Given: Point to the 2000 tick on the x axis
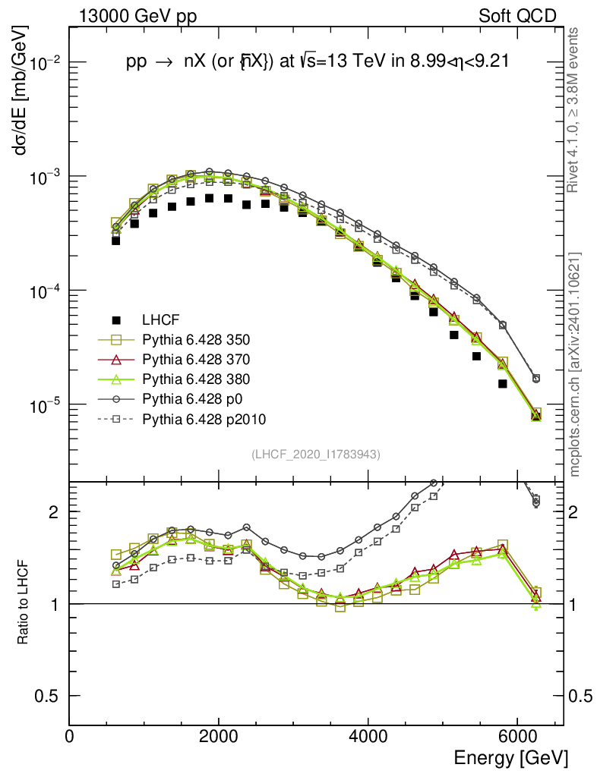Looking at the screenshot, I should pyautogui.click(x=219, y=736).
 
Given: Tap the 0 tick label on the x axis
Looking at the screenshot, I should pyautogui.click(x=70, y=736).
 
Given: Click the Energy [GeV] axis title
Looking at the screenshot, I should pyautogui.click(x=510, y=758).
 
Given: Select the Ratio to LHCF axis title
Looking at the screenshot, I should pyautogui.click(x=23, y=603).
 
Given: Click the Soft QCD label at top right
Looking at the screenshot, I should pyautogui.click(x=517, y=15).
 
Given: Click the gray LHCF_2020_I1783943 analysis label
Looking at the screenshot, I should pyautogui.click(x=316, y=454).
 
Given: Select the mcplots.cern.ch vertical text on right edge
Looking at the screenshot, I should pyautogui.click(x=576, y=364).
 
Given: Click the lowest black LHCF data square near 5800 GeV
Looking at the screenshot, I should pyautogui.click(x=503, y=384).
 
